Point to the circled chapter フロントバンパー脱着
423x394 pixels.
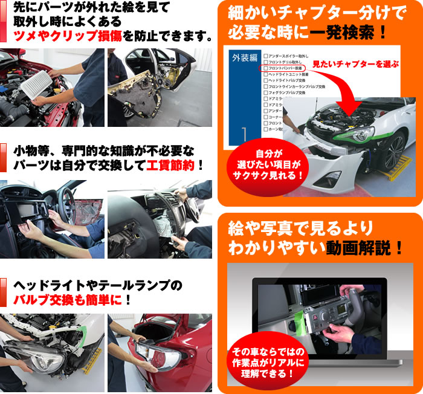click(284, 69)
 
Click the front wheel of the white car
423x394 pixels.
click(396, 148)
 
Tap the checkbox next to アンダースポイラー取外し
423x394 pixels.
click(265, 56)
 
